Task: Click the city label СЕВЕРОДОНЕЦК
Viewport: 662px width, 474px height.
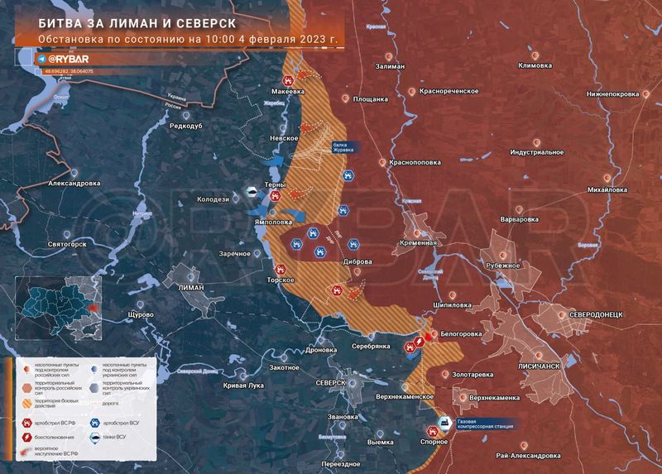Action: click(602, 317)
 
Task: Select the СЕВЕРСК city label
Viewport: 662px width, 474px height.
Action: click(330, 383)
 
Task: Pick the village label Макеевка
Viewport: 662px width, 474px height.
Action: click(298, 93)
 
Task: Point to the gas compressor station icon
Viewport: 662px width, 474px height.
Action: click(444, 422)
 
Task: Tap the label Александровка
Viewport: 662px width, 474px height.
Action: click(74, 184)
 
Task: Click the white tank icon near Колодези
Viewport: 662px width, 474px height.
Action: click(247, 194)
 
